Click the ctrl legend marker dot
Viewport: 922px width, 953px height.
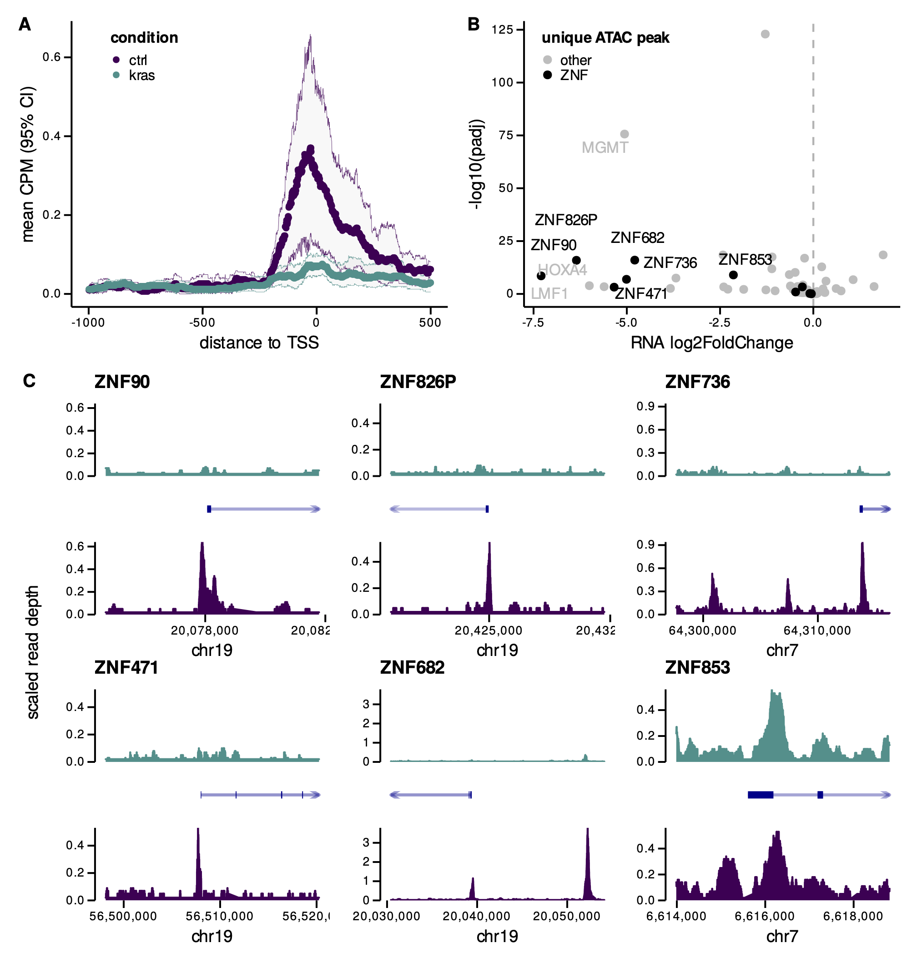[x=116, y=60]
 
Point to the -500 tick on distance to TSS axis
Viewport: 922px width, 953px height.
[x=202, y=323]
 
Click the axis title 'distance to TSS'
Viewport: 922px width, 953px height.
[x=259, y=343]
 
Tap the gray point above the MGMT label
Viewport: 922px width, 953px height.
[x=625, y=134]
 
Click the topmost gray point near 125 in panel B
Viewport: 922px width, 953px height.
[x=765, y=34]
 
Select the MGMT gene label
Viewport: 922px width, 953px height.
[x=605, y=147]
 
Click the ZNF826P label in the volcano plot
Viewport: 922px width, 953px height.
[x=566, y=220]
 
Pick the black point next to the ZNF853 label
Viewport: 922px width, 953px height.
[x=733, y=275]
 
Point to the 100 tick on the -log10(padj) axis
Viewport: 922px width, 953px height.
[x=502, y=82]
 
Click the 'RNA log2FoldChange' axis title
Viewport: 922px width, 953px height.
[x=711, y=343]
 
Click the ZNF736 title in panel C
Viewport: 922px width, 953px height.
[x=697, y=382]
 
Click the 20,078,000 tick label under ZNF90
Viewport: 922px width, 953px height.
[x=205, y=630]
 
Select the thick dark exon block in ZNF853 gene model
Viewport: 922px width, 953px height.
[x=760, y=795]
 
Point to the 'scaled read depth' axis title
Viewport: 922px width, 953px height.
[x=33, y=651]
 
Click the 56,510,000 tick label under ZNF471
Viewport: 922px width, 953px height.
[x=219, y=917]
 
